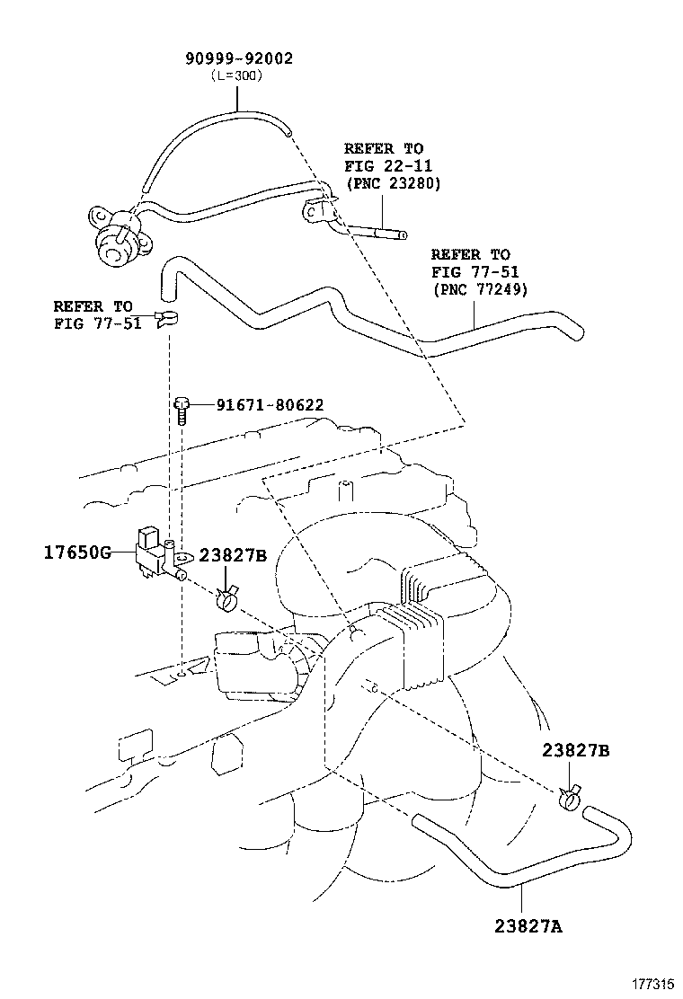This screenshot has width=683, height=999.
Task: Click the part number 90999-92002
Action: [239, 58]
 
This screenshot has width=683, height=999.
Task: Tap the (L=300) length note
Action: [236, 75]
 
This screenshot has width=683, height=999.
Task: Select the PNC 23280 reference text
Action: [393, 183]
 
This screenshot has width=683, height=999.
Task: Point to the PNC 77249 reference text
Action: [480, 289]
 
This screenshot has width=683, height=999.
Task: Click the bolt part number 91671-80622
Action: [270, 405]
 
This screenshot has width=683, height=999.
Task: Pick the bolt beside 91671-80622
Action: [182, 411]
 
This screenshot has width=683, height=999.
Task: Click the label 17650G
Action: [77, 552]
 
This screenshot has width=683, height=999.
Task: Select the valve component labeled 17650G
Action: [159, 558]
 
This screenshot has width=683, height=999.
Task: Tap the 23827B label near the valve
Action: [233, 555]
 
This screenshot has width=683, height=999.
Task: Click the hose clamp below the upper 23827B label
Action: [226, 597]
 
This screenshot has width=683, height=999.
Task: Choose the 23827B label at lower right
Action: [576, 750]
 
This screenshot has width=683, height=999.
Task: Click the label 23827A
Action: [528, 925]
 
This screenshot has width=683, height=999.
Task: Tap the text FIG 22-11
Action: [388, 166]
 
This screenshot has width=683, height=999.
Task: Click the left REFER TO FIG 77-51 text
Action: [97, 314]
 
